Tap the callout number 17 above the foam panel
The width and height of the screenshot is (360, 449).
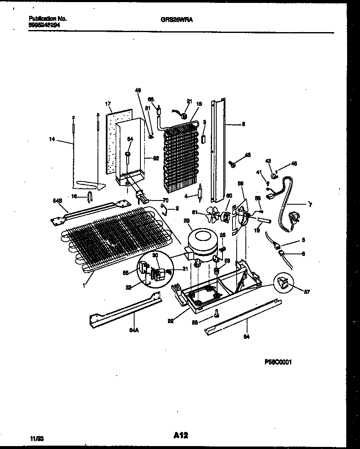107,104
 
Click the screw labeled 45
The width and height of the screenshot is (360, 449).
233,165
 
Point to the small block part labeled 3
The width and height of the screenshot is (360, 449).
203,139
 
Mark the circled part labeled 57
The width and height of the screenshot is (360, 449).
283,284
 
